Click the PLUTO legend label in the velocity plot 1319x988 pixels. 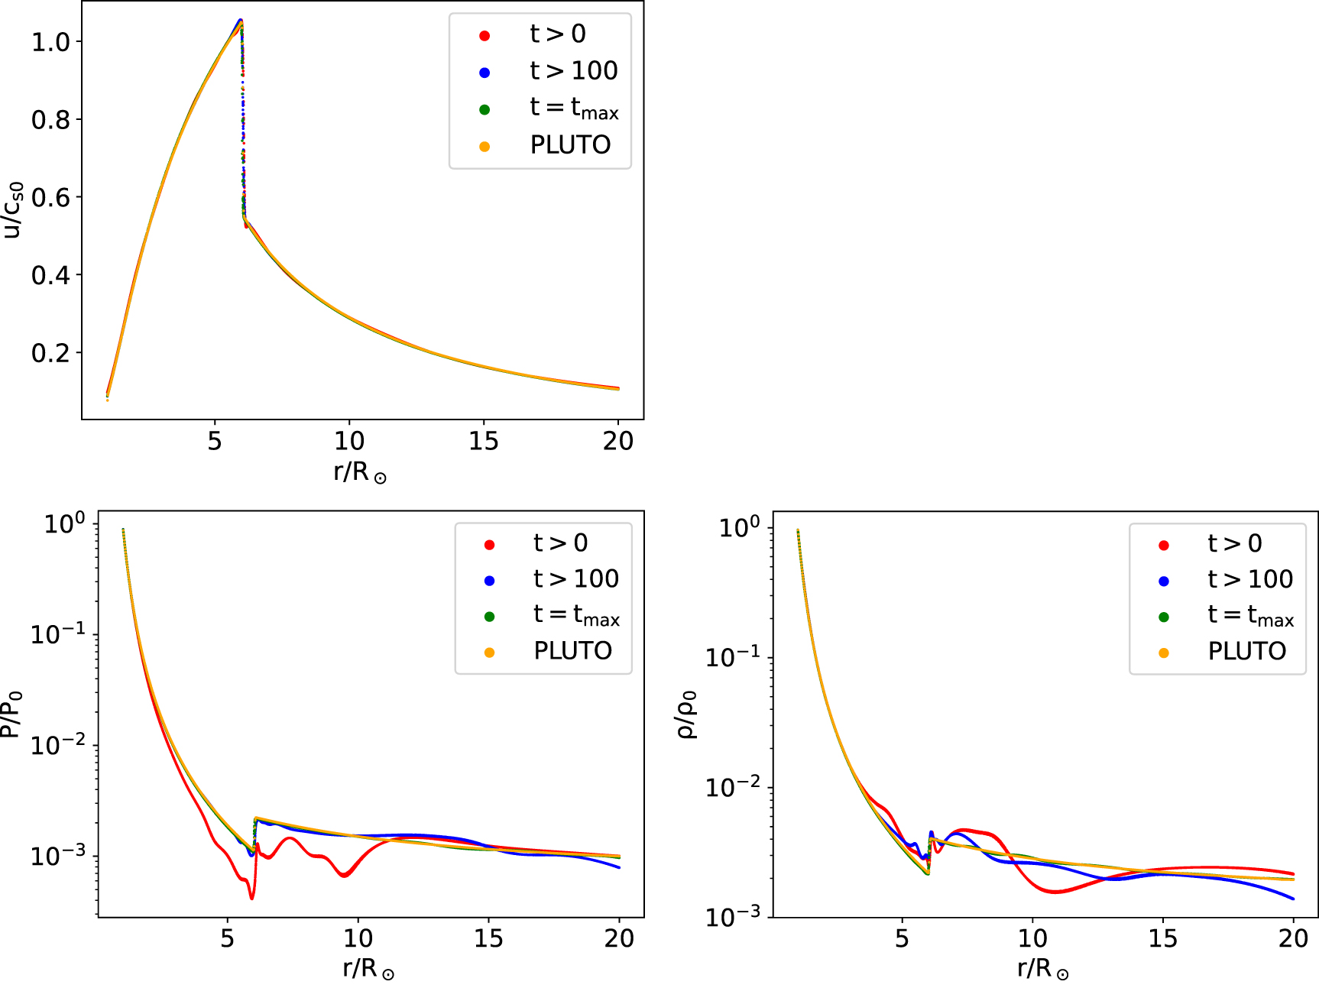tap(570, 144)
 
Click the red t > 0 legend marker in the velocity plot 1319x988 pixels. tap(484, 36)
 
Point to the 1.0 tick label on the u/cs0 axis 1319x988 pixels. tap(50, 42)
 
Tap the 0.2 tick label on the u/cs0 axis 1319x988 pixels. tap(50, 353)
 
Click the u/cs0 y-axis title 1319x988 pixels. tap(14, 210)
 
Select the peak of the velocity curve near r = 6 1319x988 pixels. tap(241, 21)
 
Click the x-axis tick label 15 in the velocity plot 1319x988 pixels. tap(483, 441)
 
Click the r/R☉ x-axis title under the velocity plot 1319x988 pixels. tap(359, 471)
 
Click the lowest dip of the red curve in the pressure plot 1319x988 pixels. tap(251, 898)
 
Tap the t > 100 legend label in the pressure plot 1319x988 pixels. tap(575, 579)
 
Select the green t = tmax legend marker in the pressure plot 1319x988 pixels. tap(490, 617)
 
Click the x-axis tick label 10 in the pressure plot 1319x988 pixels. tap(357, 938)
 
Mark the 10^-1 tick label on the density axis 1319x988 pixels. tap(732, 656)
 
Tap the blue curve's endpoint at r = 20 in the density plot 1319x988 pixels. tap(1293, 899)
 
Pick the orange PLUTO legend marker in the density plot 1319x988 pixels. tap(1164, 653)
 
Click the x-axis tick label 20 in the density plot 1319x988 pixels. tap(1293, 938)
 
